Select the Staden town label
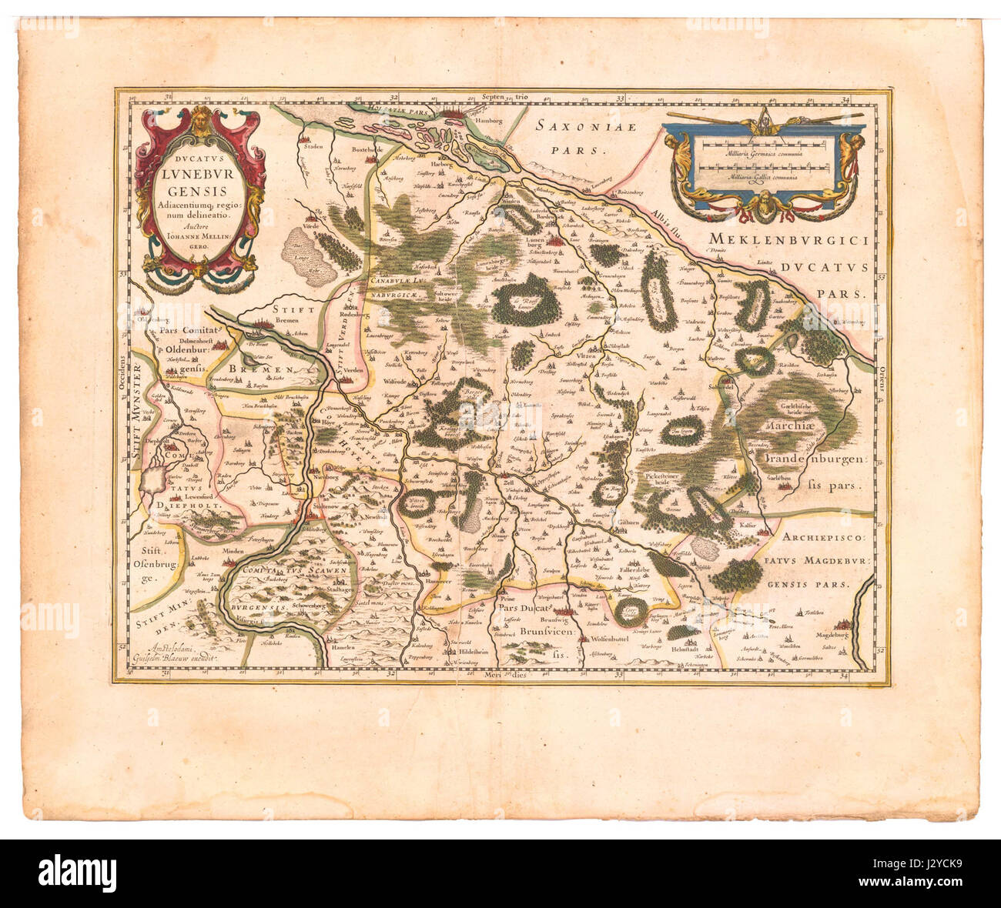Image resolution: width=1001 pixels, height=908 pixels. tap(311, 145)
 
